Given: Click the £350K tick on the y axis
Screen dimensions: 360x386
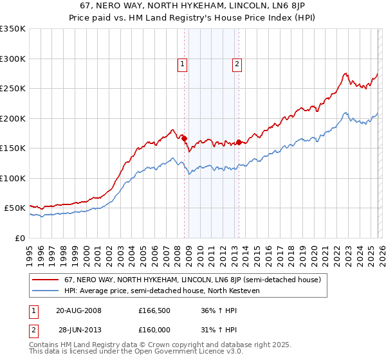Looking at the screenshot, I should [13, 29].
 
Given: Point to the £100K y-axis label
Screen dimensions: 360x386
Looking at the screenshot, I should [13, 178].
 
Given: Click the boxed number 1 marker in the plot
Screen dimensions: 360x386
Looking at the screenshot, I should [183, 64].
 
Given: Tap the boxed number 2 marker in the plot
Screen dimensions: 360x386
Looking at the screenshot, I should [237, 64].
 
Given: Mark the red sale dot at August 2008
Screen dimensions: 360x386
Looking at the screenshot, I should [184, 138].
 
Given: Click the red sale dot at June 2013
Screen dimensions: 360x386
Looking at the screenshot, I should [239, 142].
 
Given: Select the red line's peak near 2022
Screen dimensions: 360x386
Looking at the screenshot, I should [345, 73].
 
